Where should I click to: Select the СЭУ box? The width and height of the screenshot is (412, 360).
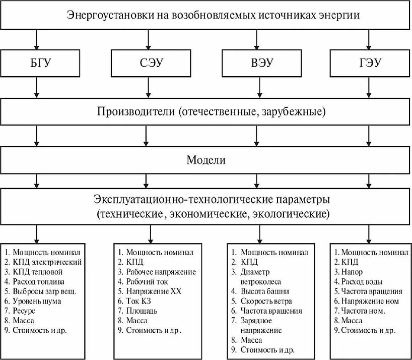[148, 64]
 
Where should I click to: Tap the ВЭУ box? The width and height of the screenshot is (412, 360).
[258, 64]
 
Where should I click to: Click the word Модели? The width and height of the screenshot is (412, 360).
[206, 160]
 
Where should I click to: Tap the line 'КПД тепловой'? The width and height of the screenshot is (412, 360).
[39, 271]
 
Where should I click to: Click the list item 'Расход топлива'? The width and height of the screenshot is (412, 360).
[42, 281]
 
